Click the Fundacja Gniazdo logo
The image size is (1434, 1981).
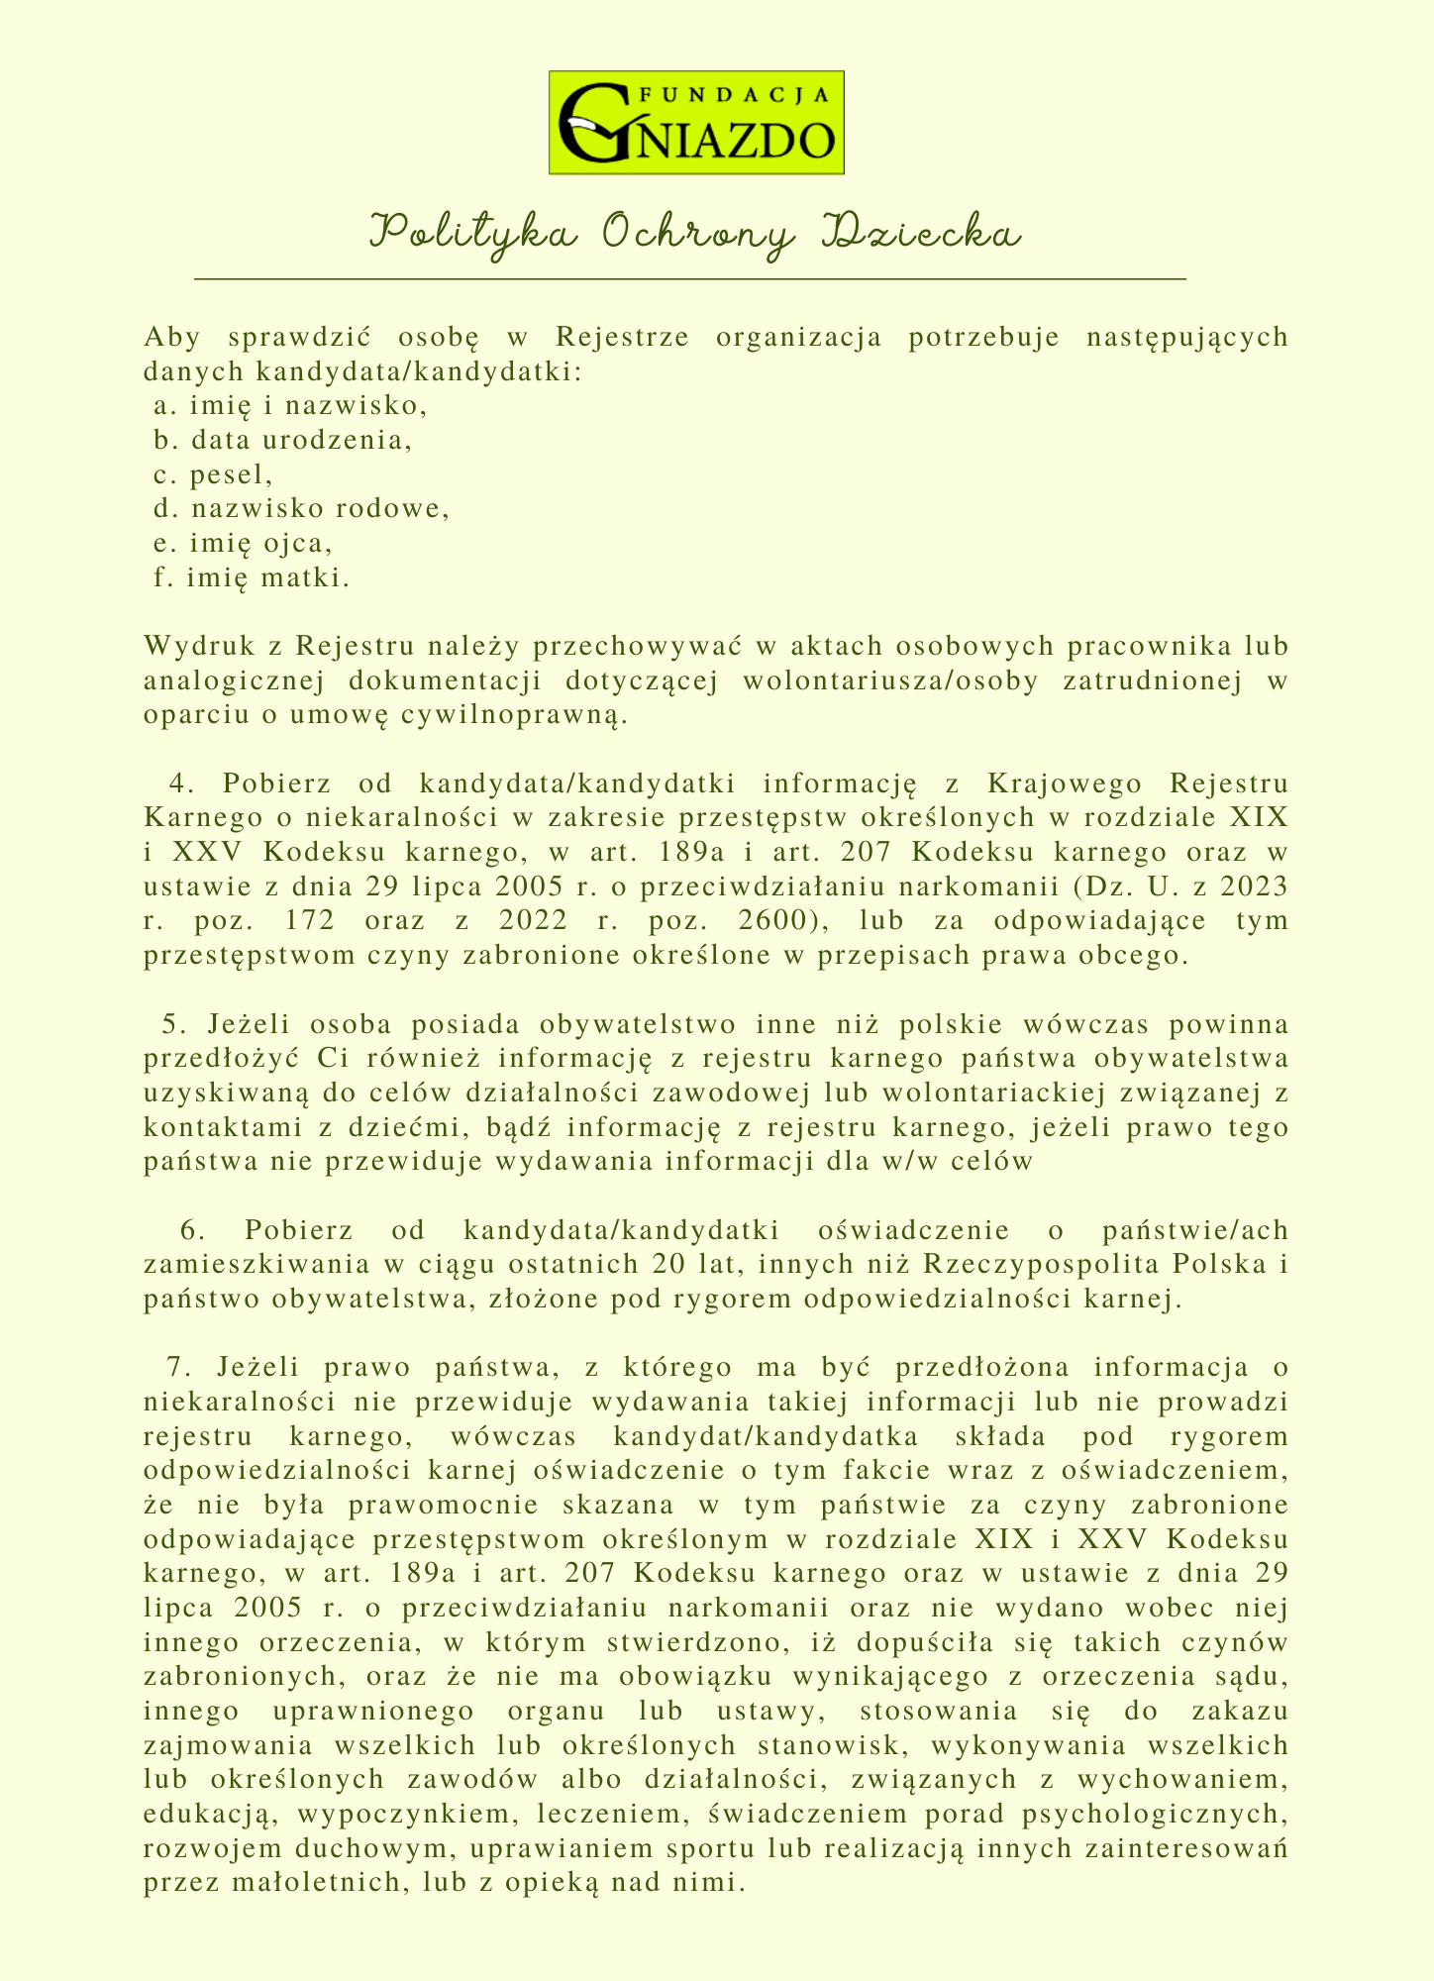(x=696, y=123)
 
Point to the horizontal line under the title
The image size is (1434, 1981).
(x=690, y=280)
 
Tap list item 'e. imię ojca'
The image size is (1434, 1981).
(x=244, y=544)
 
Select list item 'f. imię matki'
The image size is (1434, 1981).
(x=253, y=578)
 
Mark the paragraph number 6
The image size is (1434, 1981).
(x=192, y=1231)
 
